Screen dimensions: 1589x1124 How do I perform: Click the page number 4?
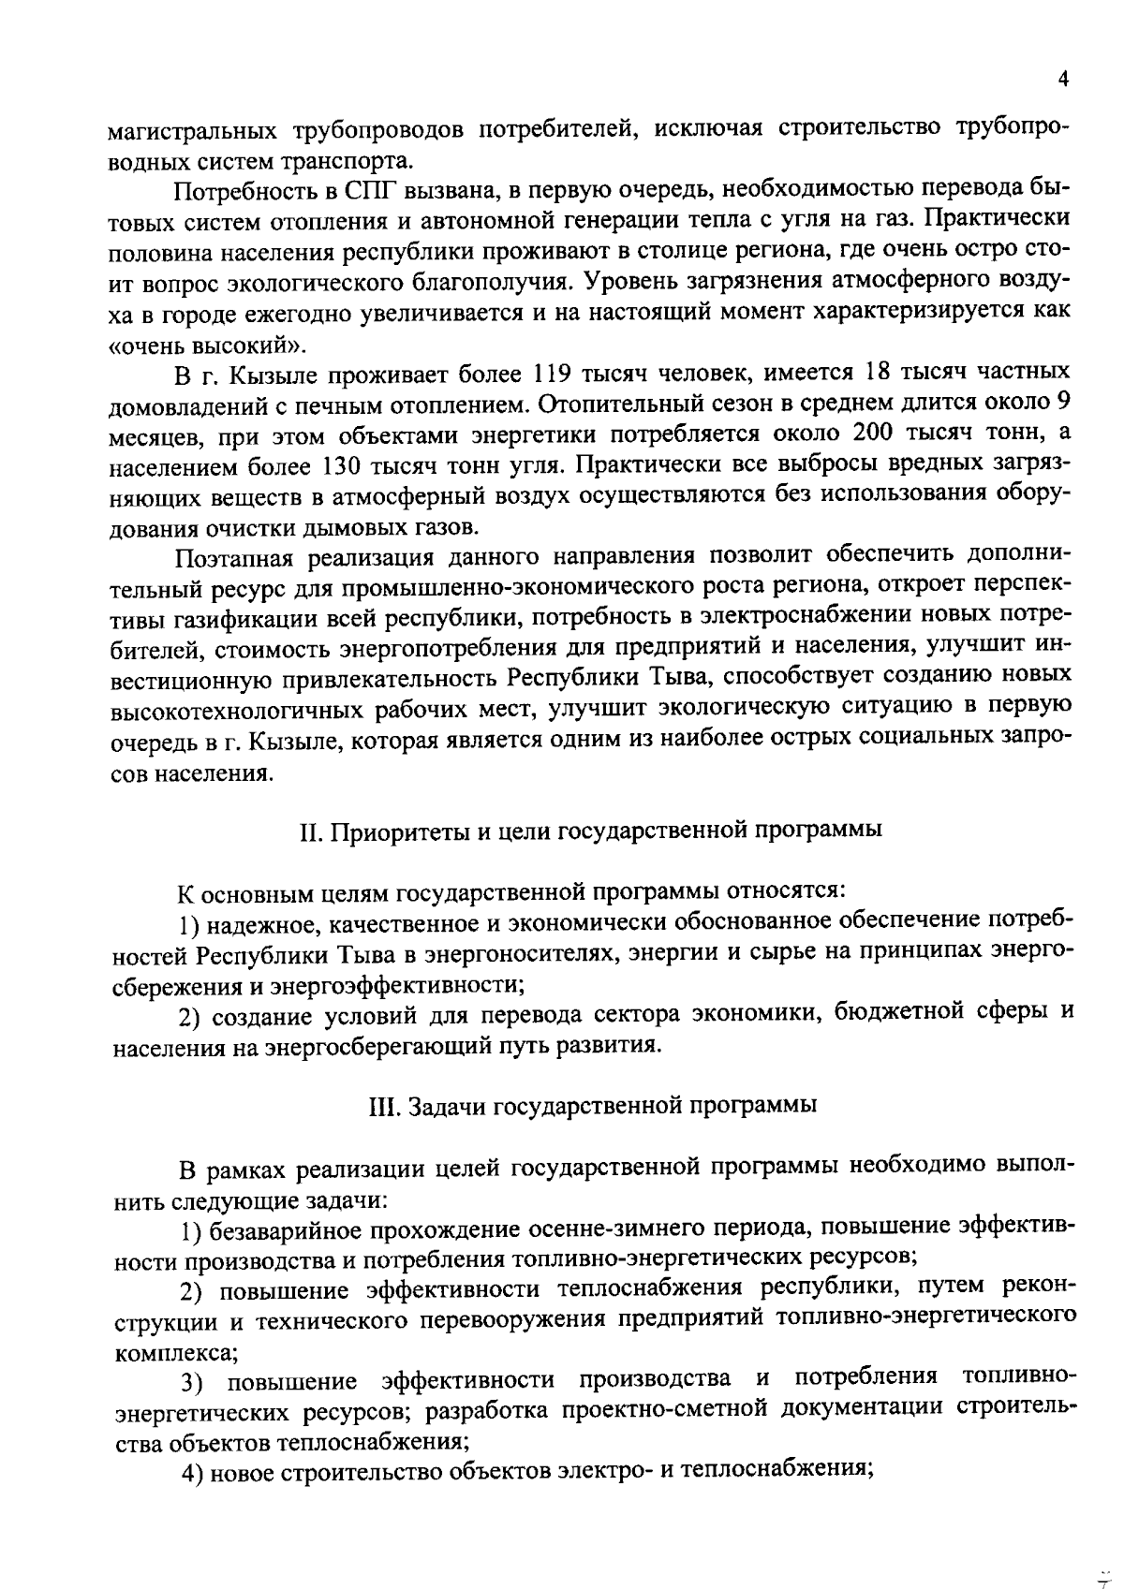[1062, 81]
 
